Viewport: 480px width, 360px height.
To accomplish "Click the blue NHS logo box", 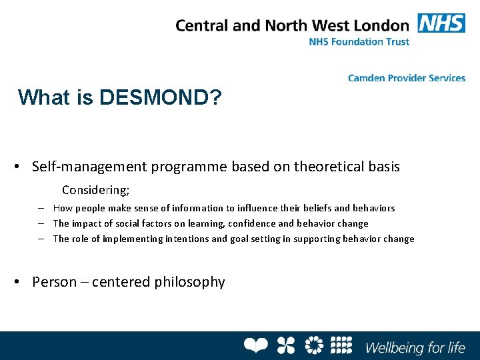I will (x=441, y=23).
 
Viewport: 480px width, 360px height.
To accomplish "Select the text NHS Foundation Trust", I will (x=359, y=41).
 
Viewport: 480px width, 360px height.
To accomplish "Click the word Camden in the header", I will (x=367, y=78).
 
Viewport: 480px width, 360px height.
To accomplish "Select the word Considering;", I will (x=95, y=189).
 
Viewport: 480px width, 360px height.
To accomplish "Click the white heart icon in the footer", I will (x=255, y=345).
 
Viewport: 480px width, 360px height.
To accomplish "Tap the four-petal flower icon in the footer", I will (x=285, y=345).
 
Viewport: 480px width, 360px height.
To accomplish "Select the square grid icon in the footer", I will (x=341, y=345).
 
